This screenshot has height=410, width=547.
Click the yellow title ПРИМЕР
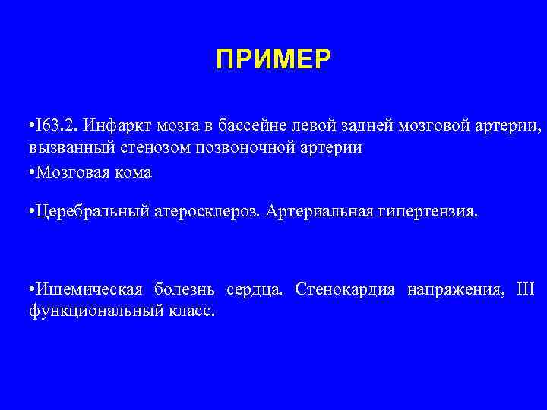tap(273, 58)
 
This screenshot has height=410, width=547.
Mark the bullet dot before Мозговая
tap(28, 172)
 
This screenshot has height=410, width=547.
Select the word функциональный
tap(84, 311)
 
